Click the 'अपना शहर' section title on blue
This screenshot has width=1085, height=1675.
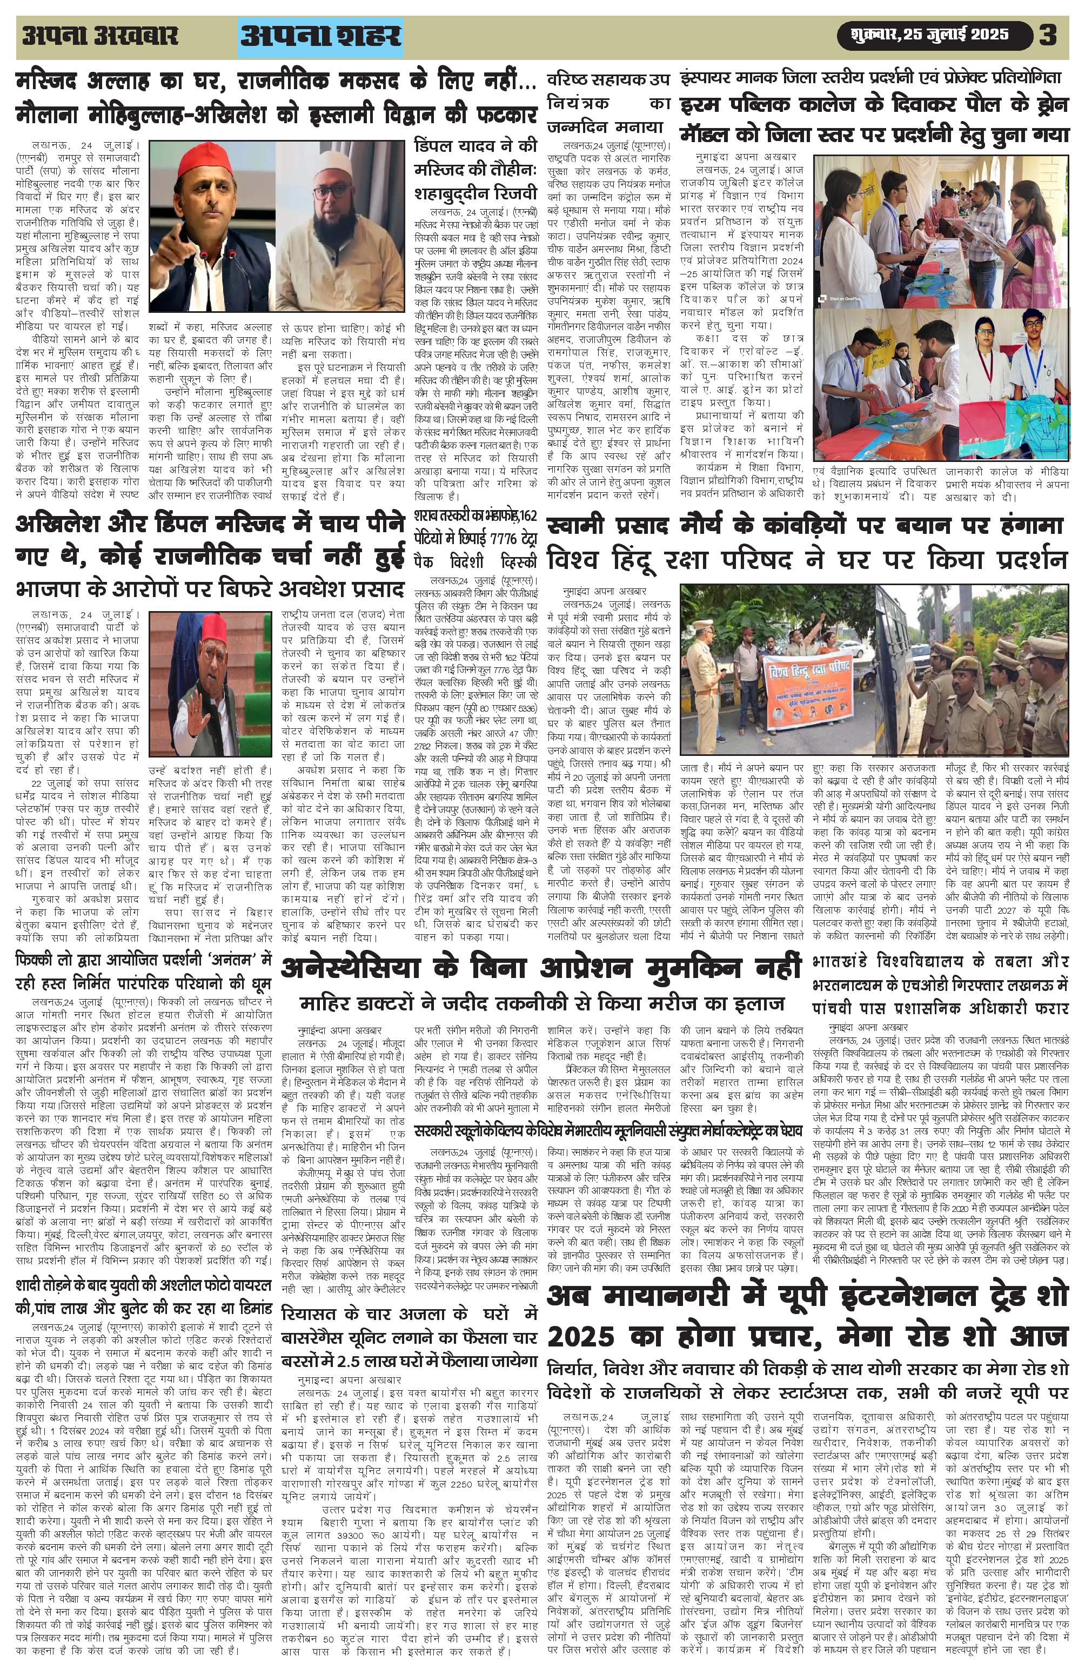point(321,37)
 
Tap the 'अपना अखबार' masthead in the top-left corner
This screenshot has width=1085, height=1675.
point(100,36)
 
